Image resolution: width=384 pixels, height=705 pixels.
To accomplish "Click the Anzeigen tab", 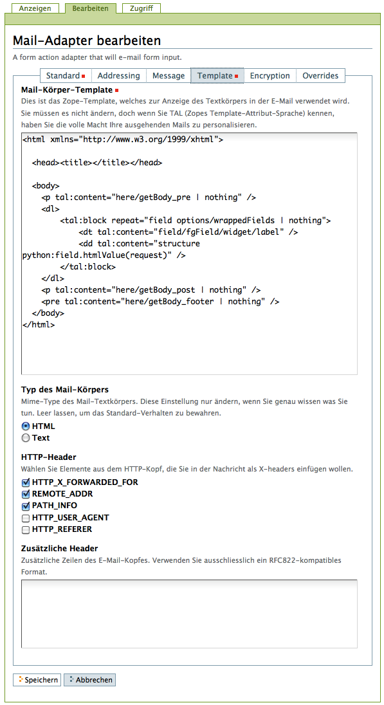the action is pyautogui.click(x=35, y=8).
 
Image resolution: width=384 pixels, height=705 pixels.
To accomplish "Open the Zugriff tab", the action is pyautogui.click(x=142, y=8).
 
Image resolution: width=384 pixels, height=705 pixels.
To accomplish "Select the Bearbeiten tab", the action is pyautogui.click(x=91, y=8).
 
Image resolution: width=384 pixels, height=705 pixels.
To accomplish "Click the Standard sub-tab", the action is pyautogui.click(x=66, y=75).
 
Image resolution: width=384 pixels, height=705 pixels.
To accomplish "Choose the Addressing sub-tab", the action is pyautogui.click(x=119, y=75).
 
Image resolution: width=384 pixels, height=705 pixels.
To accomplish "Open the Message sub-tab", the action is pyautogui.click(x=169, y=75).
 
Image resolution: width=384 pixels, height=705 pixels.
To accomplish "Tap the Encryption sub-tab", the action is pyautogui.click(x=270, y=75).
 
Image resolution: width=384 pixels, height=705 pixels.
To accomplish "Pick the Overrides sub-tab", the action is pyautogui.click(x=320, y=75).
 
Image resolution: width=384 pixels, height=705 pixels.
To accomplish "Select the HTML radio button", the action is pyautogui.click(x=26, y=426).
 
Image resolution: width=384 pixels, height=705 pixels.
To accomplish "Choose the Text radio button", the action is pyautogui.click(x=26, y=438).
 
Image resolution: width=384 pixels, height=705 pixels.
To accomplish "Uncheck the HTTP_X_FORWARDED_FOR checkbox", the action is pyautogui.click(x=26, y=482).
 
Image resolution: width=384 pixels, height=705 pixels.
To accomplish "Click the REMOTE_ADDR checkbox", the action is pyautogui.click(x=26, y=494).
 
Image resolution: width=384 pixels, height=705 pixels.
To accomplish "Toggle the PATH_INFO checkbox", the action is pyautogui.click(x=26, y=506).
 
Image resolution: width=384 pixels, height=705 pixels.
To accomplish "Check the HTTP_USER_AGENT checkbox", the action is pyautogui.click(x=26, y=518).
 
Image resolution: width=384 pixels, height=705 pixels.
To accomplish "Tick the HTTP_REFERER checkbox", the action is pyautogui.click(x=26, y=529).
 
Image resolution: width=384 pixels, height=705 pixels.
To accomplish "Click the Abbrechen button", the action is pyautogui.click(x=89, y=680).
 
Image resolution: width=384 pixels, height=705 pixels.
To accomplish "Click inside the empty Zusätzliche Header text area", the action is pyautogui.click(x=189, y=614).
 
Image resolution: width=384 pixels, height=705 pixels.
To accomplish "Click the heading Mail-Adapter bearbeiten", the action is pyautogui.click(x=87, y=41).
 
